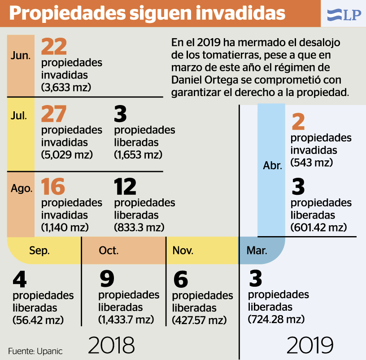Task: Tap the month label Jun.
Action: [21, 57]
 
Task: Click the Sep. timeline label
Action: [39, 250]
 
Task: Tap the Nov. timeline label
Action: [183, 250]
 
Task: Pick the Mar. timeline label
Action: [257, 250]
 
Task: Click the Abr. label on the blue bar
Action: [272, 166]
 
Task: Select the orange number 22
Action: [54, 47]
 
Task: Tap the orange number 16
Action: [53, 187]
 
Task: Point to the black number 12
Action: [126, 187]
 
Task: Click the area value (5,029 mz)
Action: [66, 155]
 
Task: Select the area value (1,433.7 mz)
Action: [126, 320]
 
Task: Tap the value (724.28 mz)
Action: [276, 319]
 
